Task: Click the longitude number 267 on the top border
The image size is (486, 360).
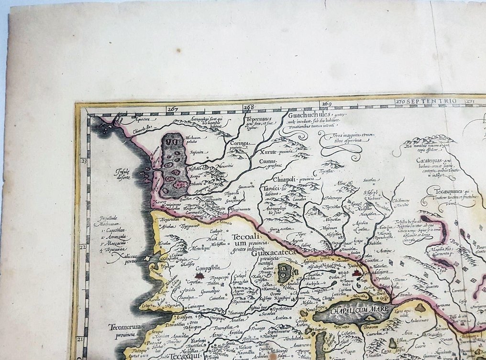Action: click(x=173, y=109)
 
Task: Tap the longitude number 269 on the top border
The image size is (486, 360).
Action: click(x=327, y=103)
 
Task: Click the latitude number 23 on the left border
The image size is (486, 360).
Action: click(x=83, y=162)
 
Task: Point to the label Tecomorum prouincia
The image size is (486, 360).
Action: click(x=124, y=330)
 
